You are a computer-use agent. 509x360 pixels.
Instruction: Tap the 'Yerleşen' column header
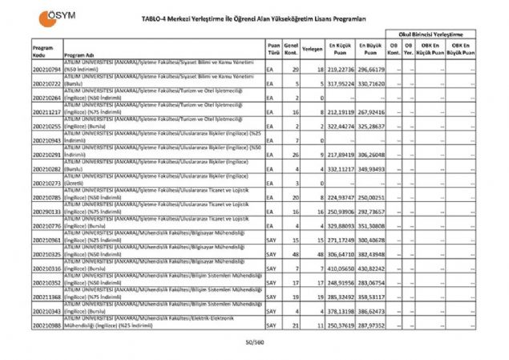click(313, 49)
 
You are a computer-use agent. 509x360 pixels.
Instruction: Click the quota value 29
click(296, 71)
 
